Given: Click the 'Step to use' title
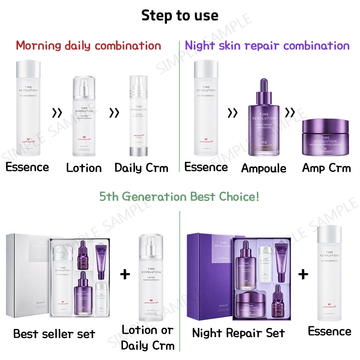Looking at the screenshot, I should pos(180,15).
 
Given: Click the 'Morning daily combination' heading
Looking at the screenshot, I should pos(88,45).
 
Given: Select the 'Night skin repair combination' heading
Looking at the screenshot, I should pos(267,45).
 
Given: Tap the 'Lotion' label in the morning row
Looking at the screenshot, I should pos(84,168).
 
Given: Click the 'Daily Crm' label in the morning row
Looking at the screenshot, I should pos(141,168).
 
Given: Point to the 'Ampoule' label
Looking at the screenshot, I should pos(264,168).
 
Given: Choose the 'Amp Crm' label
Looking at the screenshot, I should pos(326,168).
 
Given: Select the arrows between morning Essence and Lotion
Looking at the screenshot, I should pos(57,112).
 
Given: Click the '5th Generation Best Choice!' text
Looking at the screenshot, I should pos(180,197).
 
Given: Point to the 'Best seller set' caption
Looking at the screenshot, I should pos(54,333).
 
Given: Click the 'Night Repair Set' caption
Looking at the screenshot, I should pos(238,333).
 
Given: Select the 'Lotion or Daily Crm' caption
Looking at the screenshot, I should pos(147,337).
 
